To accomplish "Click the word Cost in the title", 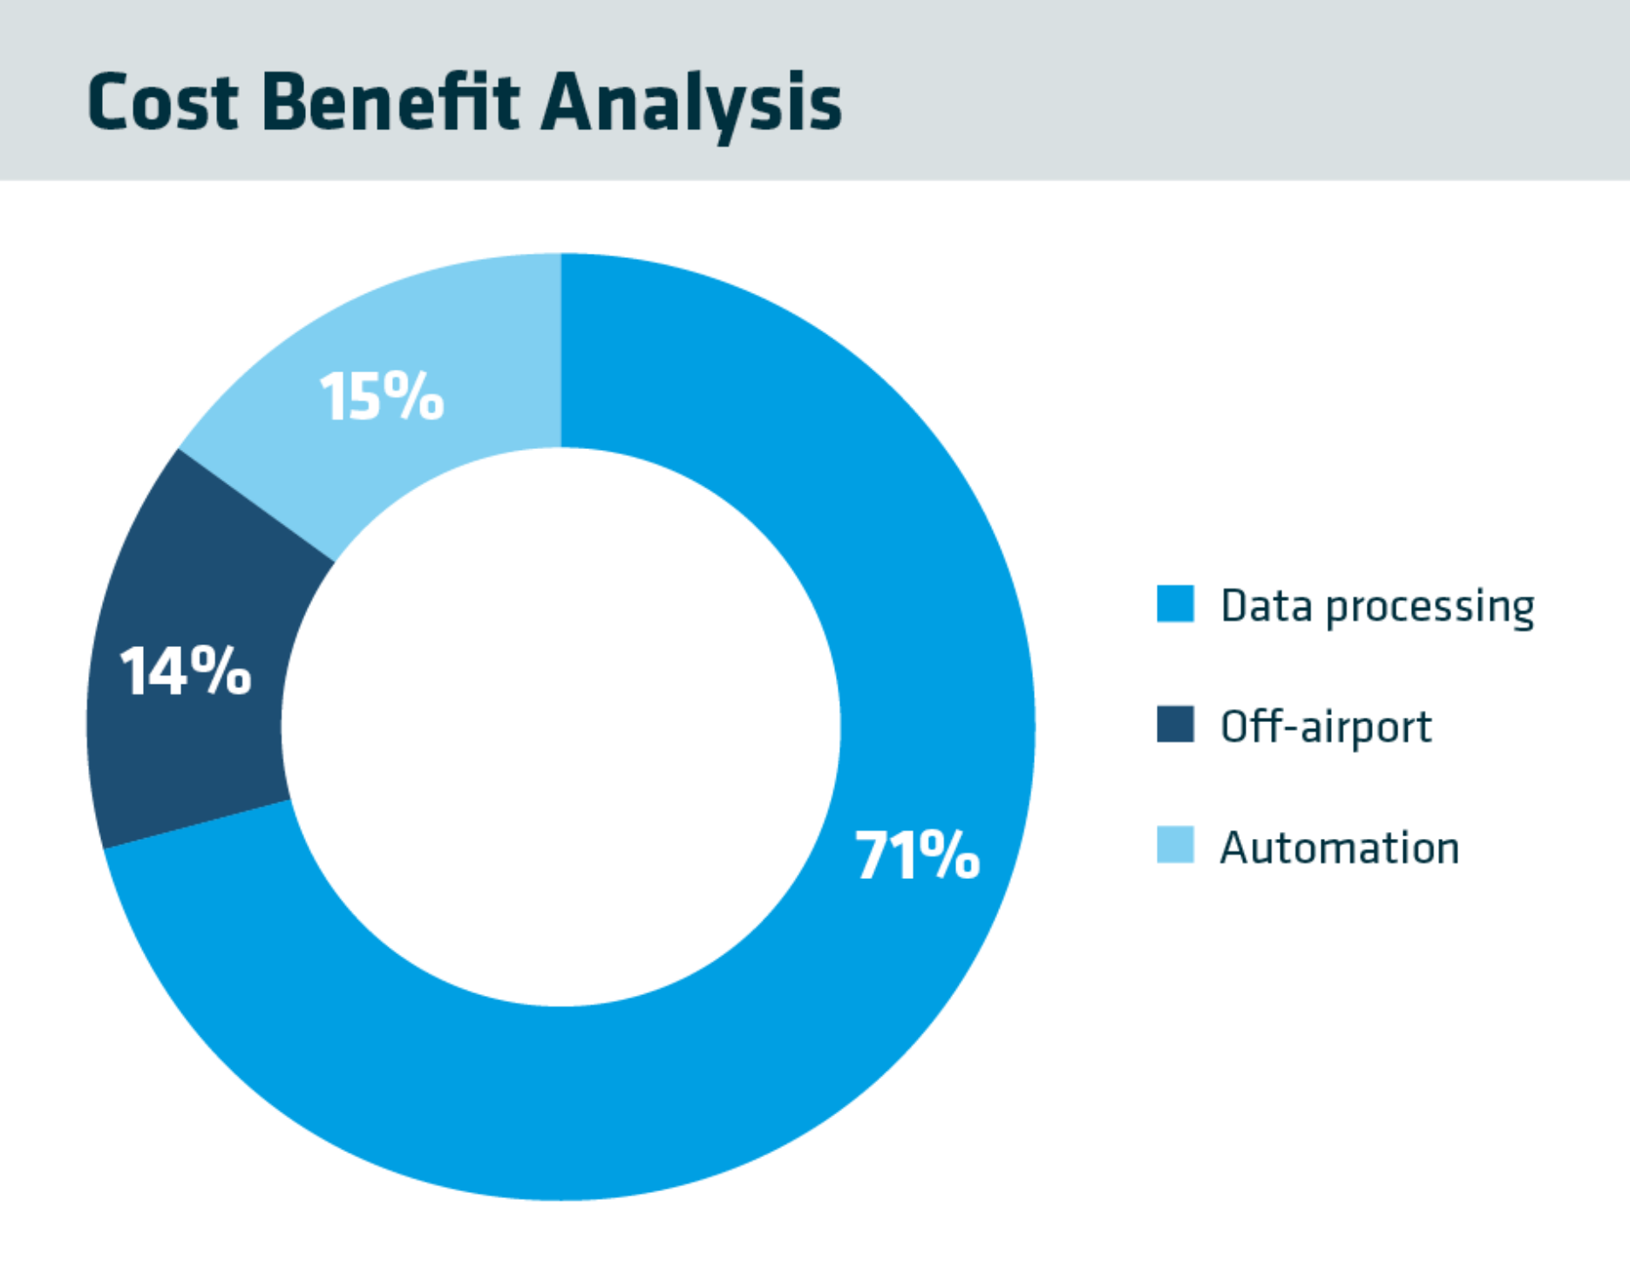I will [163, 103].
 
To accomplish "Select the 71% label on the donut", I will [917, 855].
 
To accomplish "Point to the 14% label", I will [186, 671].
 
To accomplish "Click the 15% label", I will [382, 397].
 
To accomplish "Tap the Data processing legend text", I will [1377, 606].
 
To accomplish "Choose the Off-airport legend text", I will [1326, 726].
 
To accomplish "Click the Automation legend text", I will [1339, 848].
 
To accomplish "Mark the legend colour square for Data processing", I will [1176, 604].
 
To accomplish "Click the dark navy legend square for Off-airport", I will [1176, 724].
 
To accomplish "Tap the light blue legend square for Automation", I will [1176, 845].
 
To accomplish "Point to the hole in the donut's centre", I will [560, 726].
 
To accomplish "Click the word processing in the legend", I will [1430, 608].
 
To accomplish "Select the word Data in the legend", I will [1266, 605].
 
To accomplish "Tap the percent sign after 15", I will [411, 397].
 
